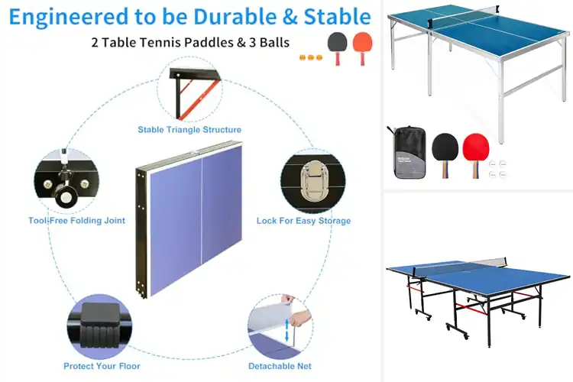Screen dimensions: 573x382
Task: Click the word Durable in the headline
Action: [x=235, y=17]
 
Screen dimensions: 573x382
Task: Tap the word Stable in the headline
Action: [x=337, y=17]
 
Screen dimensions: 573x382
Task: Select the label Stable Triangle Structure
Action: [x=189, y=130]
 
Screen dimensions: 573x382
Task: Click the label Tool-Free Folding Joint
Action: [x=76, y=221]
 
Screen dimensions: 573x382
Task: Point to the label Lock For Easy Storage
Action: [x=303, y=221]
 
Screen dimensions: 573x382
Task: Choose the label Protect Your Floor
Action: [x=102, y=366]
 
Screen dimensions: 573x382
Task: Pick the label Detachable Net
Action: [x=280, y=366]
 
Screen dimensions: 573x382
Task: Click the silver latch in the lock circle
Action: [x=312, y=182]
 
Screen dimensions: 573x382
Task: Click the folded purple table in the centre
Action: [x=189, y=219]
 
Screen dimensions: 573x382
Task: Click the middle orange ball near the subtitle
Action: [x=311, y=57]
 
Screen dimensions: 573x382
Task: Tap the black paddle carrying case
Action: [x=410, y=153]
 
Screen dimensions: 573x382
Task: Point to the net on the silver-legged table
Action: [x=463, y=13]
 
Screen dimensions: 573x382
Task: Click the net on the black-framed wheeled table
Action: [x=460, y=265]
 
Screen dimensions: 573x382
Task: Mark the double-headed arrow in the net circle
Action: [x=286, y=330]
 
